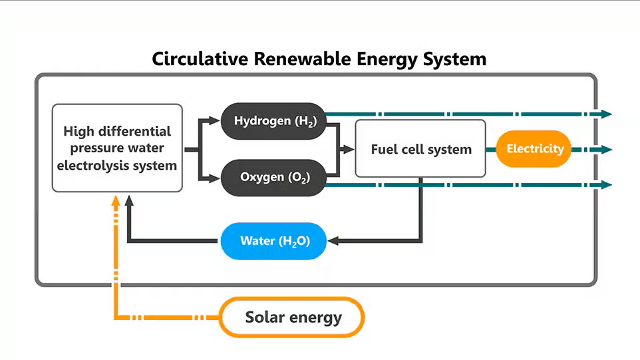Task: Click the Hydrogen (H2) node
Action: click(x=273, y=121)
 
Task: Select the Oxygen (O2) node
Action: click(x=273, y=178)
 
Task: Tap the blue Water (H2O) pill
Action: click(x=273, y=242)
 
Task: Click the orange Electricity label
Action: click(x=534, y=149)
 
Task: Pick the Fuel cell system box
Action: click(x=420, y=148)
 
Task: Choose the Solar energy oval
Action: click(x=292, y=317)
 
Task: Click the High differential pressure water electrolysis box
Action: click(x=117, y=148)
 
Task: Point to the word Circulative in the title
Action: click(x=200, y=59)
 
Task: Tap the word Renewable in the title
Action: click(x=303, y=59)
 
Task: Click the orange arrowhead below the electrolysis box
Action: click(x=116, y=200)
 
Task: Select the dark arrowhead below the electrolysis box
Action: click(x=129, y=200)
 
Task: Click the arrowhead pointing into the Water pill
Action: click(x=333, y=241)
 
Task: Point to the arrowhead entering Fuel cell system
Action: click(x=349, y=149)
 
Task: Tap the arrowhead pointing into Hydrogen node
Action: click(x=214, y=120)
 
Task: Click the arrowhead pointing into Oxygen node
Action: click(x=214, y=178)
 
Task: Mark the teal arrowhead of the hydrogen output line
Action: click(x=607, y=114)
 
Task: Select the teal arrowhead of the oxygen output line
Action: click(x=607, y=185)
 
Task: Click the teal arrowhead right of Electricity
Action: click(x=607, y=150)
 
